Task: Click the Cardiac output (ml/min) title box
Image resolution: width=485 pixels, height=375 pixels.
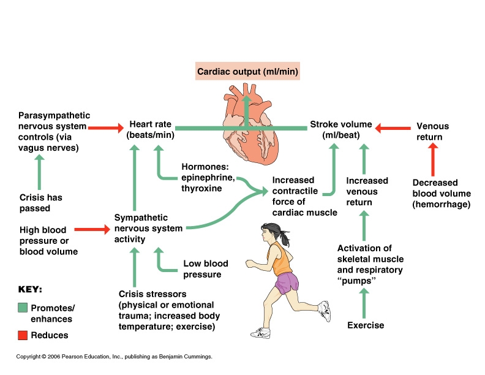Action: click(x=247, y=72)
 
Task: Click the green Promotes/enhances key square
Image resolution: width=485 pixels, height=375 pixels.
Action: click(x=23, y=308)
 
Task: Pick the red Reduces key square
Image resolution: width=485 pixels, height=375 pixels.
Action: click(x=23, y=335)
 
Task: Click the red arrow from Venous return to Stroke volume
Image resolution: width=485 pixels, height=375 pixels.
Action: click(x=392, y=128)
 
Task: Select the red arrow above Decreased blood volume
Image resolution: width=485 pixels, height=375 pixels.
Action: click(x=434, y=160)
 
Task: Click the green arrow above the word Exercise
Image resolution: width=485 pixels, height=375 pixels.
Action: click(x=364, y=301)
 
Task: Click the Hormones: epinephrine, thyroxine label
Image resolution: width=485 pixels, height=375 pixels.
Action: click(x=208, y=177)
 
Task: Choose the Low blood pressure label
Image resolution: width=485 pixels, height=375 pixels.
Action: click(x=206, y=269)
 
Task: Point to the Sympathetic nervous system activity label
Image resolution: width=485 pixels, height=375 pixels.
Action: click(x=148, y=229)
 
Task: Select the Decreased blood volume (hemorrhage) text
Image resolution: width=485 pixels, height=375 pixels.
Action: click(x=442, y=193)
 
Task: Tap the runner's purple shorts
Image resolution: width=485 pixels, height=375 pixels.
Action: click(x=286, y=283)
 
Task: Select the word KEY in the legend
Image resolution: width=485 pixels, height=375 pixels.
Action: click(x=30, y=289)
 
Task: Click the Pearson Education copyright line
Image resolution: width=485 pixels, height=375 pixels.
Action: click(x=114, y=357)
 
